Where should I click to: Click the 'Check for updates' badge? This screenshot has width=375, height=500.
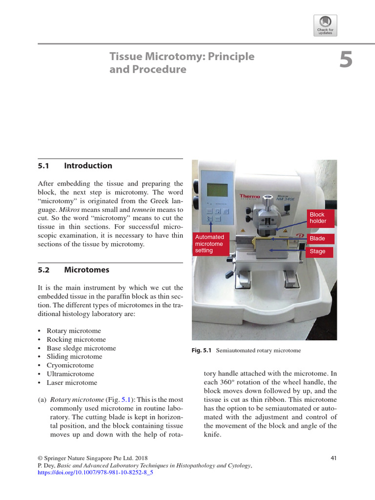(x=326, y=25)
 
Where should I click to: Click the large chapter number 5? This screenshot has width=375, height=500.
(x=346, y=61)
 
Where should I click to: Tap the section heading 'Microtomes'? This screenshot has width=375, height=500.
(x=86, y=270)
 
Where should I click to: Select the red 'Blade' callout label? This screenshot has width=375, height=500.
(x=317, y=238)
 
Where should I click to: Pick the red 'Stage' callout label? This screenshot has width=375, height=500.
(x=317, y=251)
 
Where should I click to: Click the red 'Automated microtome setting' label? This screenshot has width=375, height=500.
(x=210, y=244)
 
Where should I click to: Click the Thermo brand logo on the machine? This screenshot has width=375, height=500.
(x=250, y=196)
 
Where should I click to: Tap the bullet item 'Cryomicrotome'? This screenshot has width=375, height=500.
(x=70, y=365)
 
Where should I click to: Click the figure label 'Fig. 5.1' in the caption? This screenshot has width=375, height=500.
(x=202, y=351)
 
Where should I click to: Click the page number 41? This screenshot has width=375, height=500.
(x=333, y=458)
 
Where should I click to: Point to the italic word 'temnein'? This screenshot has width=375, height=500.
(x=143, y=209)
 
